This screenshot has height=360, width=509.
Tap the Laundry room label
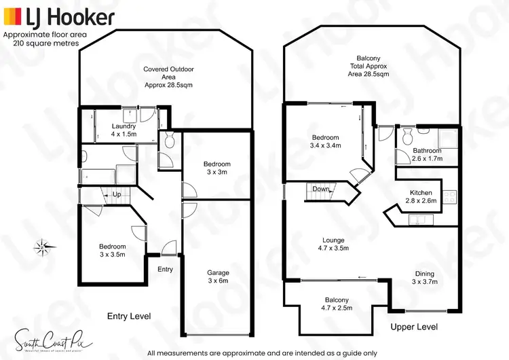[124, 130]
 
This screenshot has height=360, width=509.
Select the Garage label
[219, 277]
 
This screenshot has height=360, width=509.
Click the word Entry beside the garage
[165, 270]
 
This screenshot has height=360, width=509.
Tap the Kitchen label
[421, 197]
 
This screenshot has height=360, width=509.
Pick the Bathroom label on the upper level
[427, 155]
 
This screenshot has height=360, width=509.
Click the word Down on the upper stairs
[321, 190]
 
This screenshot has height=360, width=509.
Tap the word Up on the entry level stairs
[117, 195]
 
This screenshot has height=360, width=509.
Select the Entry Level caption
[129, 317]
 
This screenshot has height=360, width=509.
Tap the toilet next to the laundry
[169, 141]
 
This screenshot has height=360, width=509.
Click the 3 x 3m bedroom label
[217, 168]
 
